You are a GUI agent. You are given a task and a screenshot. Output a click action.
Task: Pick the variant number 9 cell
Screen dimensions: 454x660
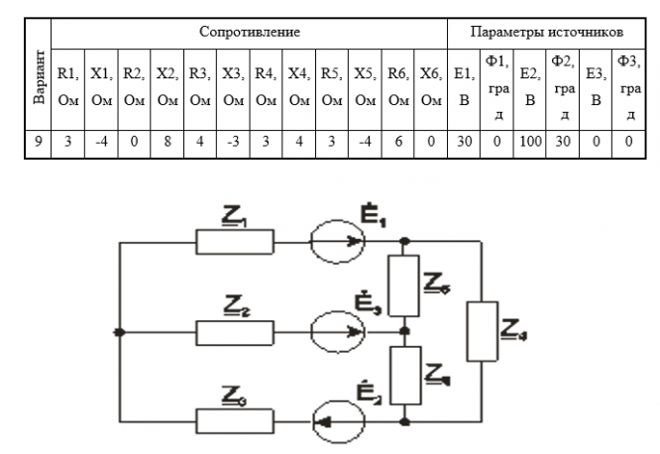click(37, 141)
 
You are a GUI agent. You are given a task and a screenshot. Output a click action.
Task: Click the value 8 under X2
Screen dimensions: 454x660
click(167, 141)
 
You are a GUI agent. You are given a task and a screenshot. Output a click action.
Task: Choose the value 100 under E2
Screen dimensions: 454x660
click(529, 141)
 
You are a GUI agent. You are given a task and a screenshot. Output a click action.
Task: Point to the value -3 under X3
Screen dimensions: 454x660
click(233, 141)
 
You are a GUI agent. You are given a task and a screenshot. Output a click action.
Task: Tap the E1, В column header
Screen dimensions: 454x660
click(463, 85)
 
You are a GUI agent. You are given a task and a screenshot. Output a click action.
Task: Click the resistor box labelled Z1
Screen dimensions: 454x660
click(235, 241)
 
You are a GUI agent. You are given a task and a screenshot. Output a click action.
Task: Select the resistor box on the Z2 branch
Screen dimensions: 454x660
click(235, 331)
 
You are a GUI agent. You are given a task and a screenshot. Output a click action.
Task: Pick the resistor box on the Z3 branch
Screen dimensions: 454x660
click(235, 419)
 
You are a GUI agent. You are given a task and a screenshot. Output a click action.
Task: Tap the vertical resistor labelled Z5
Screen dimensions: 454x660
click(403, 285)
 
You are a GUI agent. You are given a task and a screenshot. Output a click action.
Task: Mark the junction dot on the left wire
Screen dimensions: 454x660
click(119, 331)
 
